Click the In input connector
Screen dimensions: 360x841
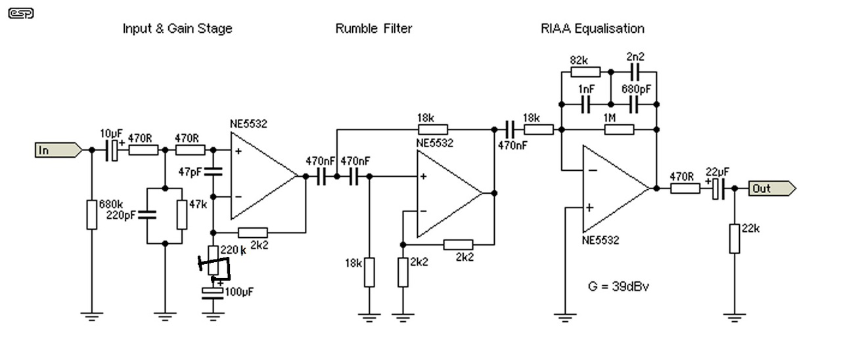pyautogui.click(x=58, y=150)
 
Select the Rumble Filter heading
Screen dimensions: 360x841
pyautogui.click(x=373, y=28)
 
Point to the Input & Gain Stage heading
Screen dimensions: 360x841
pyautogui.click(x=177, y=28)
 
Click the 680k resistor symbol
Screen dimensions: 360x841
pyautogui.click(x=91, y=215)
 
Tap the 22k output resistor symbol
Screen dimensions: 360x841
pyautogui.click(x=735, y=238)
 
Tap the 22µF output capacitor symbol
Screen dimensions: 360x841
pyautogui.click(x=720, y=189)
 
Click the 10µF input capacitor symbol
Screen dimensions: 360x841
pyautogui.click(x=112, y=150)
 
